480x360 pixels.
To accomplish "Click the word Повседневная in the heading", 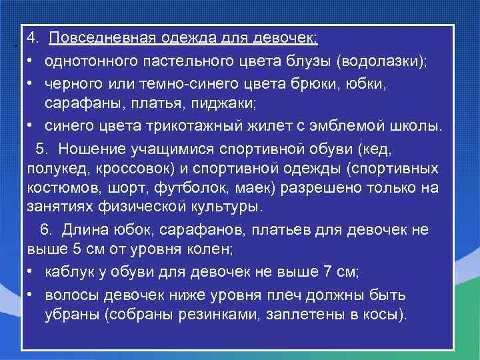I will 91,39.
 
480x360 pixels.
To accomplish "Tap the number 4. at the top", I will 35,39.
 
